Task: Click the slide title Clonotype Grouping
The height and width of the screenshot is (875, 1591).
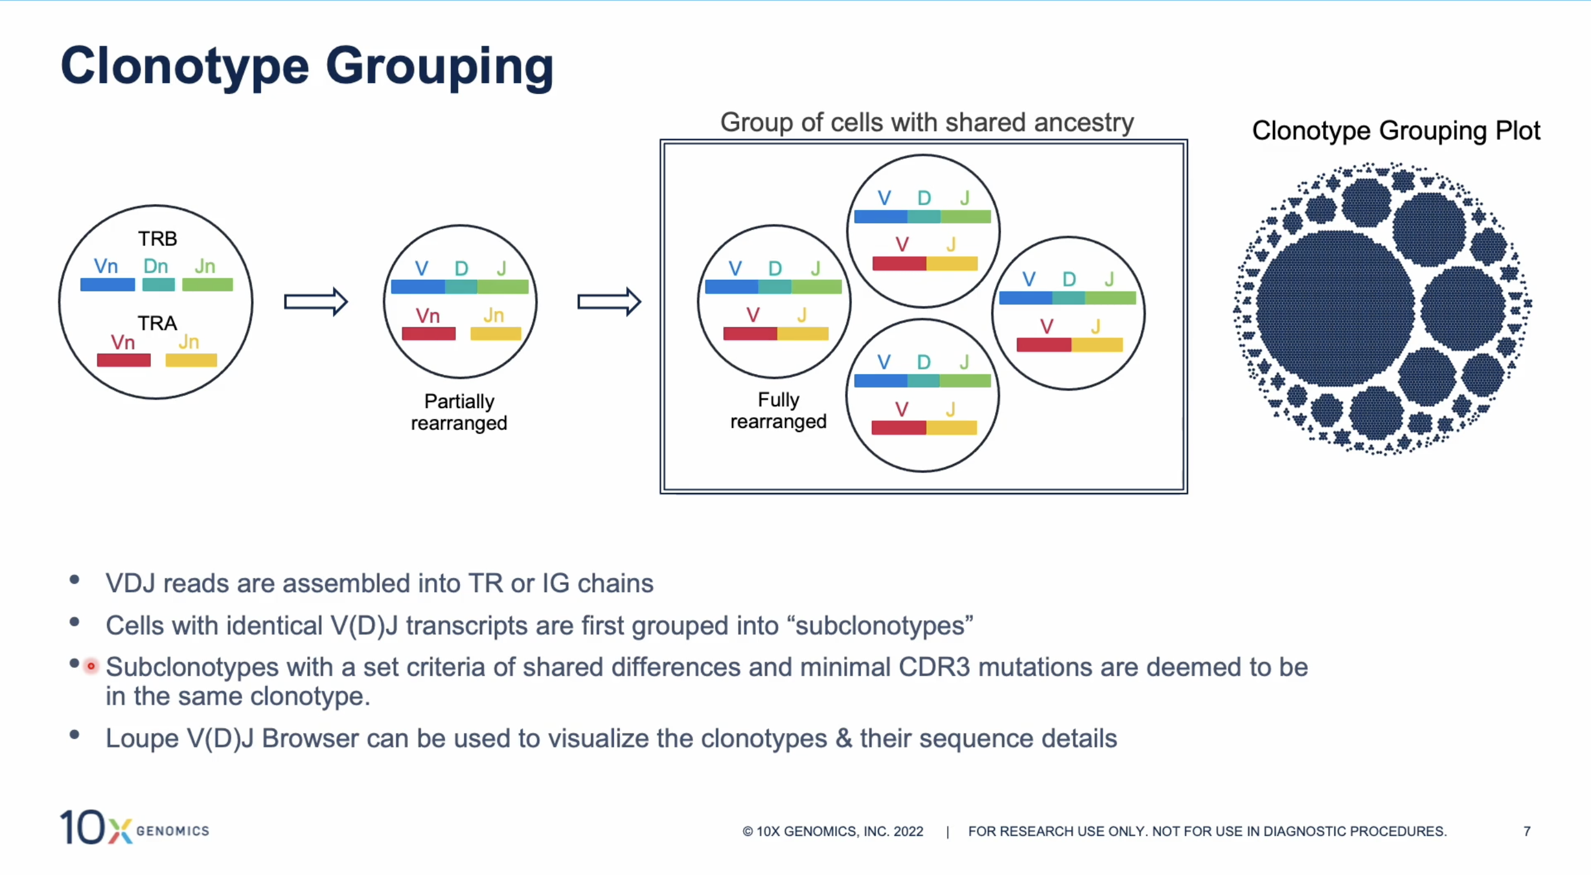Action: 307,67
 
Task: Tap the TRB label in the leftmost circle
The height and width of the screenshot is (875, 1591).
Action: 158,238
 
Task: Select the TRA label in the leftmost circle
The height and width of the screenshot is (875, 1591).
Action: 158,323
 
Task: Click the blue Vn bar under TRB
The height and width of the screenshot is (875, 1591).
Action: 108,285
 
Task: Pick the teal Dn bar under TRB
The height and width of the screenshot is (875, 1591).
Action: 158,285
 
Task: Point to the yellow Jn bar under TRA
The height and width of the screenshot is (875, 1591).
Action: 191,360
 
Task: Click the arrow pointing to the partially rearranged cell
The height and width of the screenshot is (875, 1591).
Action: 316,302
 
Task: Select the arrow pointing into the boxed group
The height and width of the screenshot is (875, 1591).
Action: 609,302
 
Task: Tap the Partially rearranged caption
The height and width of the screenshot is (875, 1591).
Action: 459,412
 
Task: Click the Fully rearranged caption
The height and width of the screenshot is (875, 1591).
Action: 778,410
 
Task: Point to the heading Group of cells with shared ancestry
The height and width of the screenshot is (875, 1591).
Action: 927,122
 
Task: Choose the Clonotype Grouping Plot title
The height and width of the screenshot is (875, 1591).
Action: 1396,131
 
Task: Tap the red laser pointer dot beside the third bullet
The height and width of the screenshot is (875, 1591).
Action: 91,666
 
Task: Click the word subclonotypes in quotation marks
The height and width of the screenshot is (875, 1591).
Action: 880,625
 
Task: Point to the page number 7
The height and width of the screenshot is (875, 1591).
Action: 1527,831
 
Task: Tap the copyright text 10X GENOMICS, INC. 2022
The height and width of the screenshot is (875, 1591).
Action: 833,832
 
